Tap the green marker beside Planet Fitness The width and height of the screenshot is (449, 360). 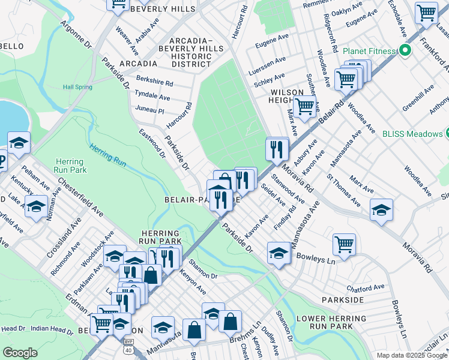click(x=405, y=52)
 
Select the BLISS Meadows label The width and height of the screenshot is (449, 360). click(x=411, y=133)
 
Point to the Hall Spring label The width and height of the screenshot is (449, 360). click(x=78, y=87)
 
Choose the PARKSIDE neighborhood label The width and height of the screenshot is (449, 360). click(x=342, y=299)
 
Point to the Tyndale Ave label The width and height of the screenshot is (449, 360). click(x=152, y=97)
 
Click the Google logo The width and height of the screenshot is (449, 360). click(x=20, y=353)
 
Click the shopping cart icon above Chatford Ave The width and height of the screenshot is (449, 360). click(x=345, y=244)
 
